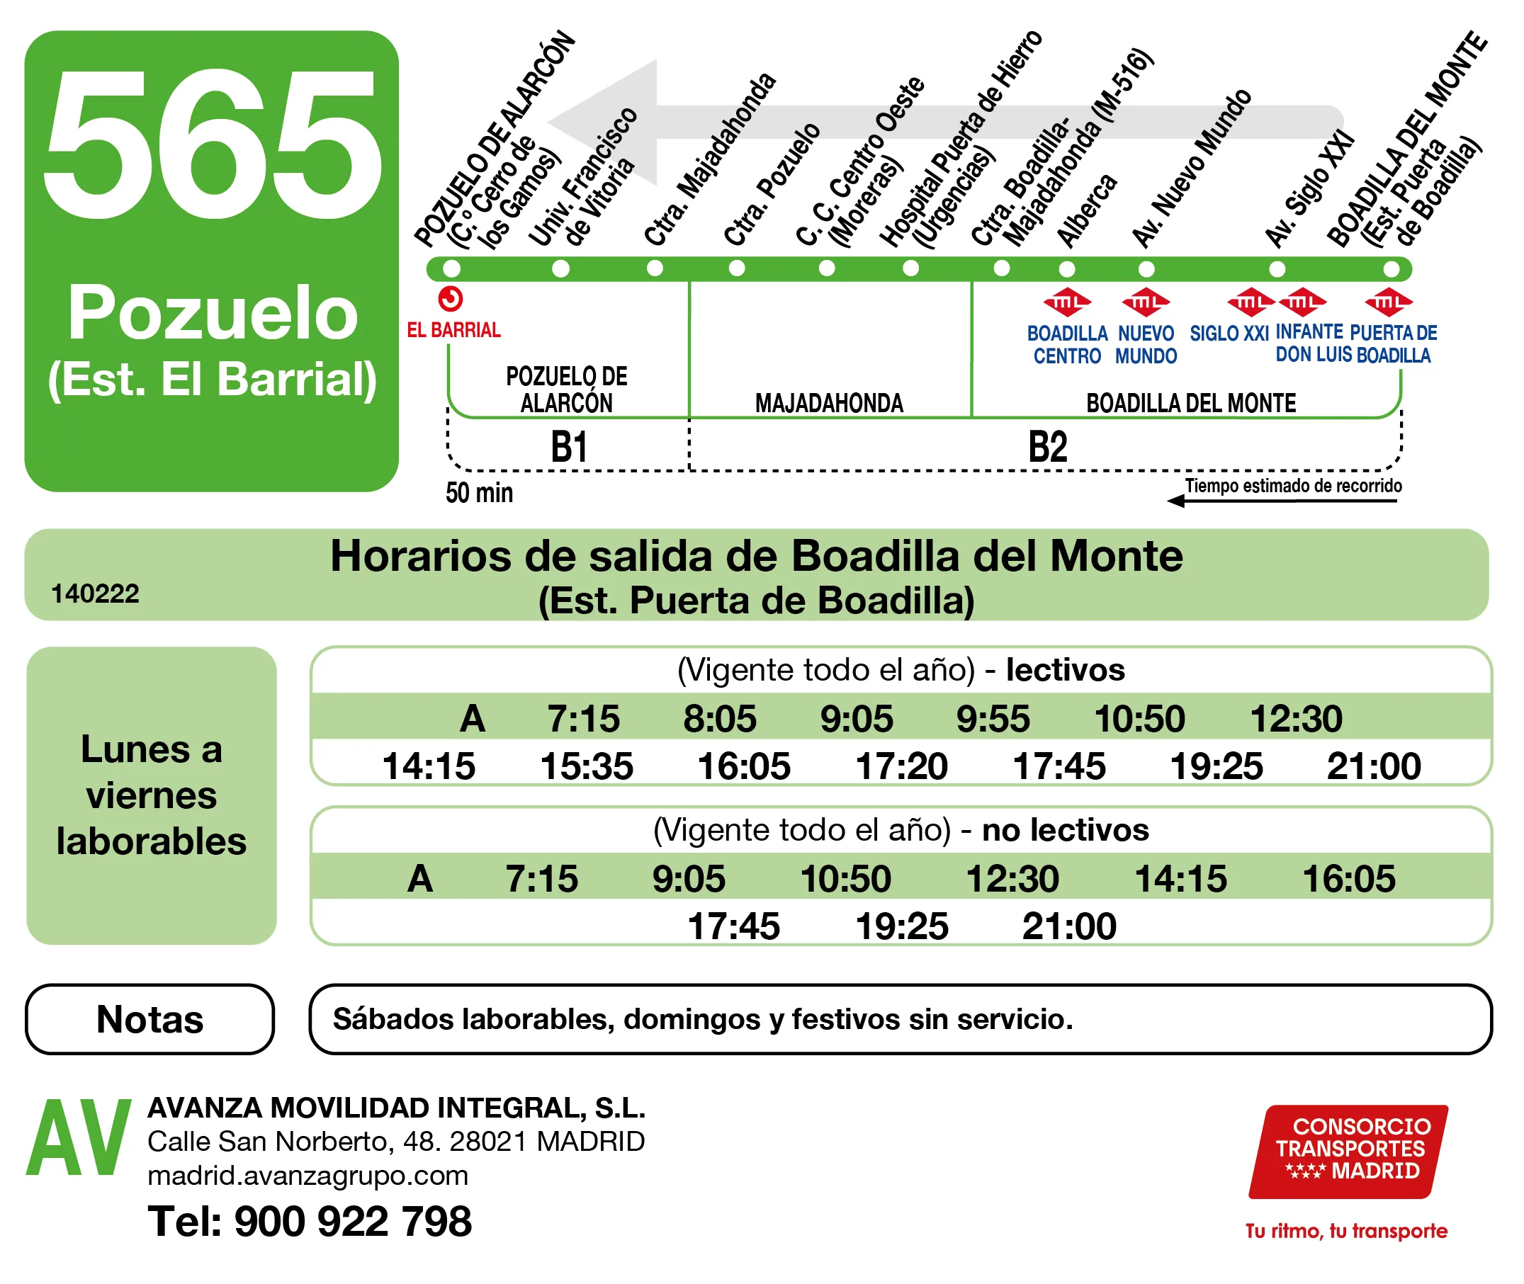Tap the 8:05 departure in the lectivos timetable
719,719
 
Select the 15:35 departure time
587,766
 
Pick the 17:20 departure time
901,766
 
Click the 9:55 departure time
993,719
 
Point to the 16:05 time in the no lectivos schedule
1348,880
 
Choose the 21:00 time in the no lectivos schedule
1069,926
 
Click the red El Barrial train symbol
451,299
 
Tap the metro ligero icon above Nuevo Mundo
1146,302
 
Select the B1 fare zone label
569,447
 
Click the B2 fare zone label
1047,447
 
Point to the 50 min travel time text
479,494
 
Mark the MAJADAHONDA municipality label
829,403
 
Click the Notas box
150,1019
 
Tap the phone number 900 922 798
352,1222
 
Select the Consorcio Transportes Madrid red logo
1348,1152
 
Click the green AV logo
78,1137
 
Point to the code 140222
95,594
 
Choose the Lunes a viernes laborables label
152,795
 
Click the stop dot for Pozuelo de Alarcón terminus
451,268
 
